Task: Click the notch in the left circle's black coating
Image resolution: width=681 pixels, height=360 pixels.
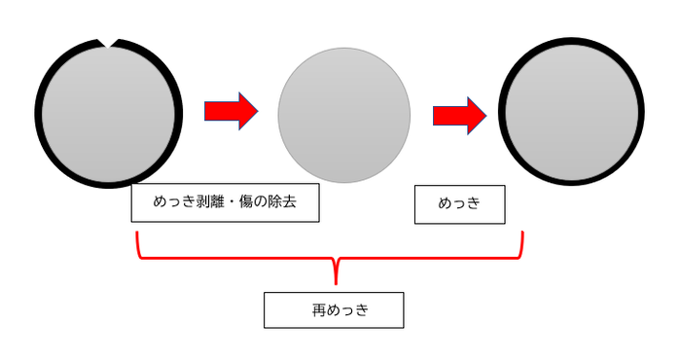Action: tap(107, 42)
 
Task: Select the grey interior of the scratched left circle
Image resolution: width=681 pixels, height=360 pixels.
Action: tap(108, 112)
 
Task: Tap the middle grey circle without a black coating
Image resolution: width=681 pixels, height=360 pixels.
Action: tap(344, 114)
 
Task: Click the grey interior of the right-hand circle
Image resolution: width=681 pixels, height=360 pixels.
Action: tap(571, 112)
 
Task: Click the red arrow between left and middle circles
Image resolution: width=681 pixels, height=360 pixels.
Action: tap(231, 109)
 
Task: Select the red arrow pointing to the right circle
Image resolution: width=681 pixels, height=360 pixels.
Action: tap(459, 115)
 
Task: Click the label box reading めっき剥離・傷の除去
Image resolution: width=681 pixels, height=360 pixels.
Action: tap(225, 203)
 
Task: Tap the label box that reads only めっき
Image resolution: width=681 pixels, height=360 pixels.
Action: tap(459, 204)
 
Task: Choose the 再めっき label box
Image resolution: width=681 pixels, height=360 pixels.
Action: tap(333, 310)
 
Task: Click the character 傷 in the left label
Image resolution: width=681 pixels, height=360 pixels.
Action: tap(248, 204)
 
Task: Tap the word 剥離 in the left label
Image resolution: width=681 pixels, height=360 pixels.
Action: tap(212, 204)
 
